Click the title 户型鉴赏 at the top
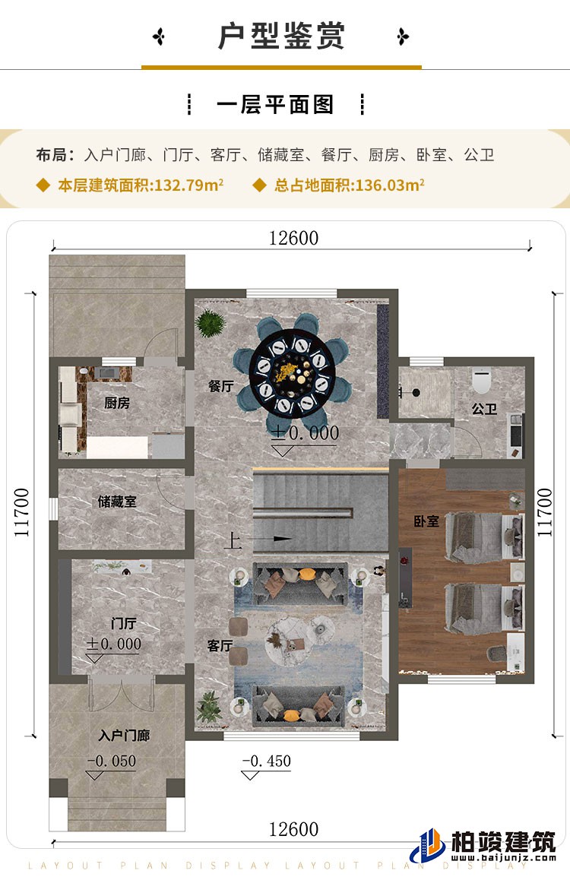tap(281, 36)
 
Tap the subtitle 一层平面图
tap(275, 105)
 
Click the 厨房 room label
tap(117, 403)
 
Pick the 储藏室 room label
tap(117, 502)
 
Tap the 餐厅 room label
tap(220, 386)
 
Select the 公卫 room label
tap(484, 409)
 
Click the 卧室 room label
tap(426, 523)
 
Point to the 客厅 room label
tap(220, 646)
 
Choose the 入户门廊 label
tap(124, 736)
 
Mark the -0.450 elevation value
tap(266, 761)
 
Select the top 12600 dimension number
tap(293, 238)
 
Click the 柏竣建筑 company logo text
tap(503, 842)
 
